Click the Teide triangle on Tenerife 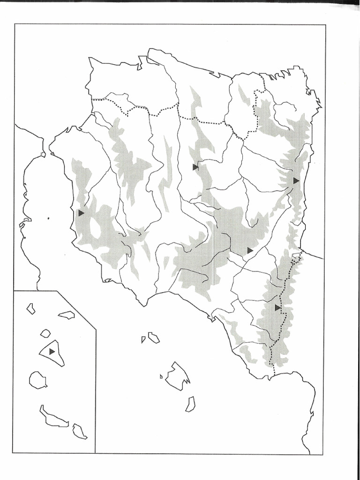(x=52, y=351)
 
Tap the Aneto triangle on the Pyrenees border (x=278, y=307)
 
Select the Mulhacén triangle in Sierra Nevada (x=81, y=213)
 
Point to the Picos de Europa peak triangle (x=296, y=180)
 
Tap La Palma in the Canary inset (x=67, y=315)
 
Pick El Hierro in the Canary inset (x=31, y=308)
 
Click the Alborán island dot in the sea (x=48, y=217)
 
